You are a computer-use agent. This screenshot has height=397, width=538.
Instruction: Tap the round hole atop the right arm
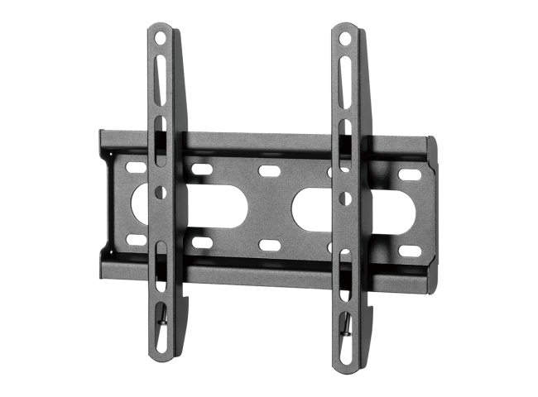click(x=345, y=38)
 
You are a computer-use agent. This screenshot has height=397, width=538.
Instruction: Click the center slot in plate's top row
click(x=267, y=171)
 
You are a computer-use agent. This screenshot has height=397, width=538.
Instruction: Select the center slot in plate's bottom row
click(x=267, y=245)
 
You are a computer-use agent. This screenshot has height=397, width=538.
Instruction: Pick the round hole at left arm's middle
click(x=160, y=192)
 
